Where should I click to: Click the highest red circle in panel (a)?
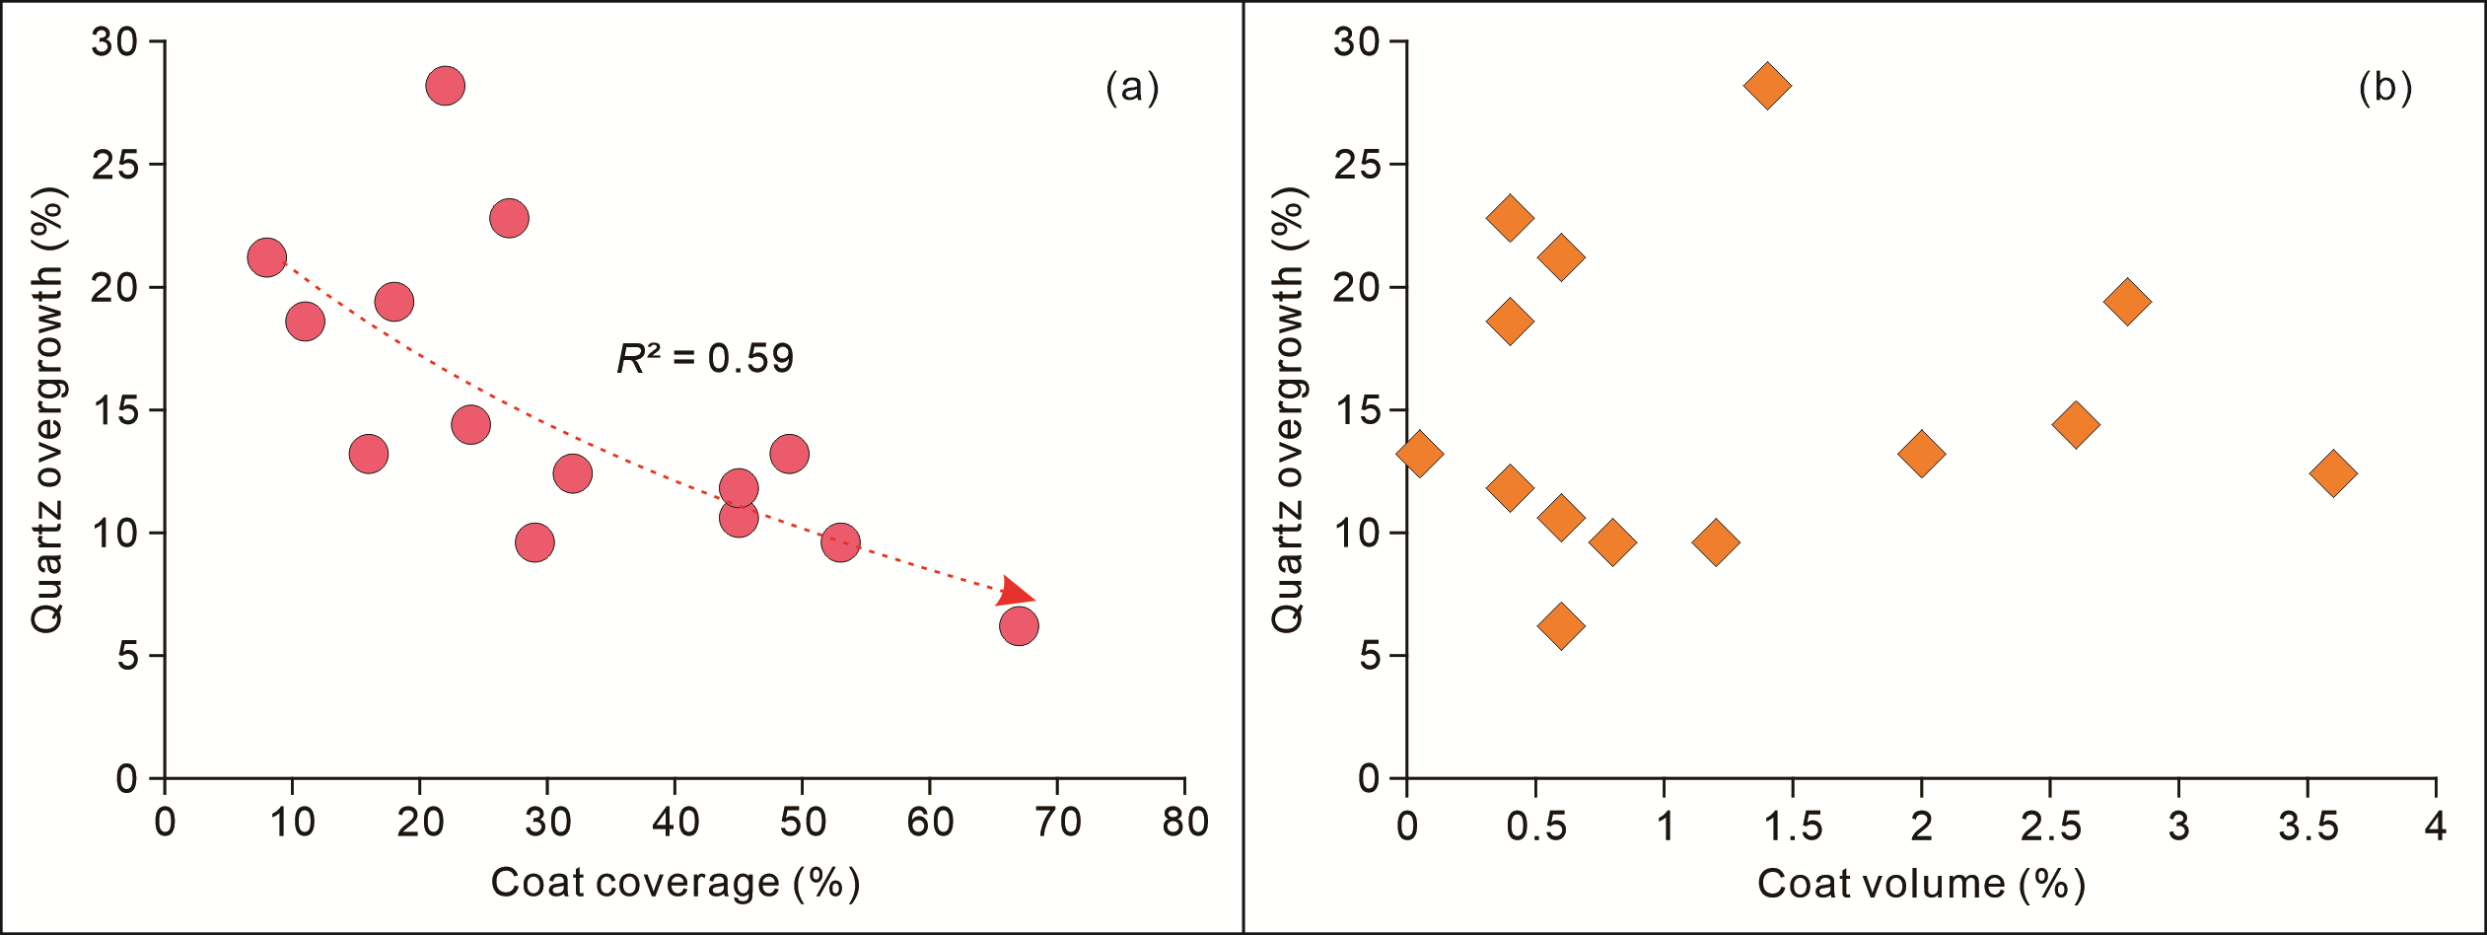[446, 86]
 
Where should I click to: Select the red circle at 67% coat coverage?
[1019, 625]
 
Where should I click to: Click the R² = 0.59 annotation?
[705, 358]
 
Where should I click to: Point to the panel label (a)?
[1132, 88]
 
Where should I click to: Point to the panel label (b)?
[2384, 88]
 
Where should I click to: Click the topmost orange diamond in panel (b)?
[1767, 86]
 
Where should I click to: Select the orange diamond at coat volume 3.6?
[2333, 473]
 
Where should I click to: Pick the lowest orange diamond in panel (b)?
[1561, 625]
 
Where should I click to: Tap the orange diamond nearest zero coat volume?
[1419, 454]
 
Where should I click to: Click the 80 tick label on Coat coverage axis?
[1185, 822]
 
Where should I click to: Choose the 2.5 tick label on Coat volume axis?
[2051, 826]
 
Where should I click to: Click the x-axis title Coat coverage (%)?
[675, 883]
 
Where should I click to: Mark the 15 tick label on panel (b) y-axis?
[1357, 410]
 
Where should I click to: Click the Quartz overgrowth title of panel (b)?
[1288, 409]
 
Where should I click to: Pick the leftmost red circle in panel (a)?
[267, 257]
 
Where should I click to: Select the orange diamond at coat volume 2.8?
[2127, 302]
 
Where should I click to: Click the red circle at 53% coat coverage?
[840, 542]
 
